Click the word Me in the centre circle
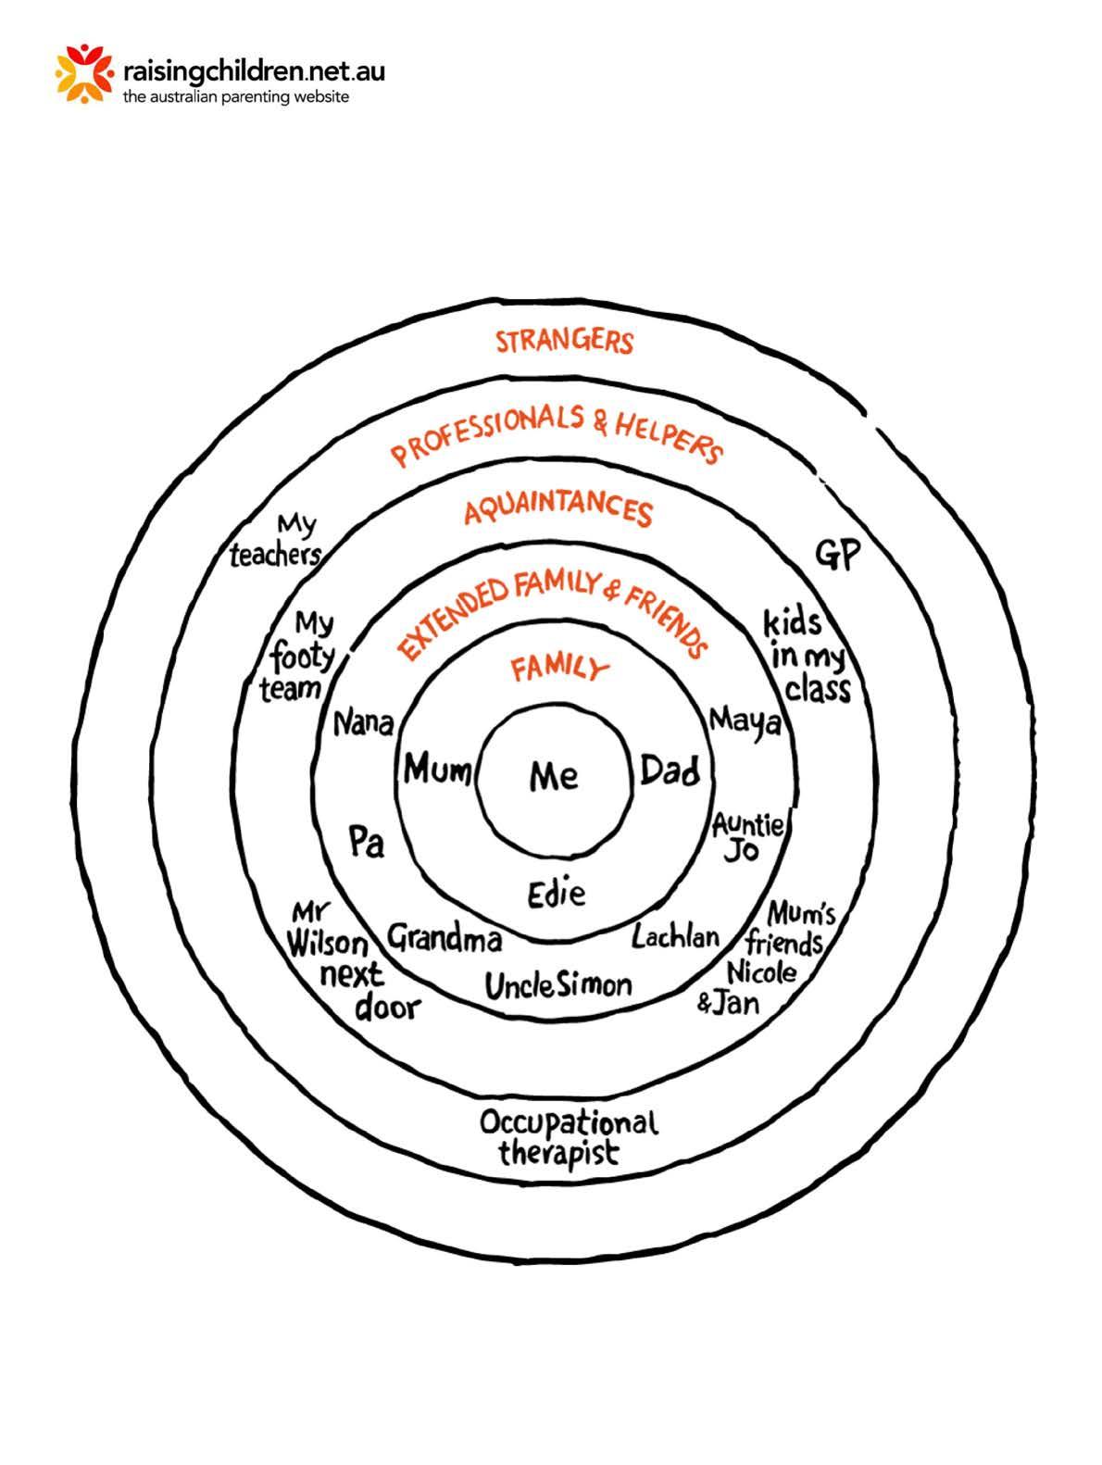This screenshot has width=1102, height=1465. (554, 776)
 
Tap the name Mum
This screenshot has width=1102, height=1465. (437, 769)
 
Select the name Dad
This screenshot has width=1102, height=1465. (670, 770)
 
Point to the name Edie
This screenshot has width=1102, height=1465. (557, 894)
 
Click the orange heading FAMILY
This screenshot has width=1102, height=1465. (560, 668)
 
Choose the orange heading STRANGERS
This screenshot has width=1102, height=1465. (564, 341)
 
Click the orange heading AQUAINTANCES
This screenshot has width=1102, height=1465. (558, 510)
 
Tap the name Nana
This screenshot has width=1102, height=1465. (363, 722)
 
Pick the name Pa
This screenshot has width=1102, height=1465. (366, 841)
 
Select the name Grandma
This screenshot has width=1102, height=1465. (445, 939)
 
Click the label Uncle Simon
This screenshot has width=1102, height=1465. (558, 985)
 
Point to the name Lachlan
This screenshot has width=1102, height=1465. (676, 936)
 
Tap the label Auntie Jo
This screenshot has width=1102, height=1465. (746, 836)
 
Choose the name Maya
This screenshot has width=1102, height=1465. (745, 720)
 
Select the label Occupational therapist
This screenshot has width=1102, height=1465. (567, 1138)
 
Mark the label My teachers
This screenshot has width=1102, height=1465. (277, 542)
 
